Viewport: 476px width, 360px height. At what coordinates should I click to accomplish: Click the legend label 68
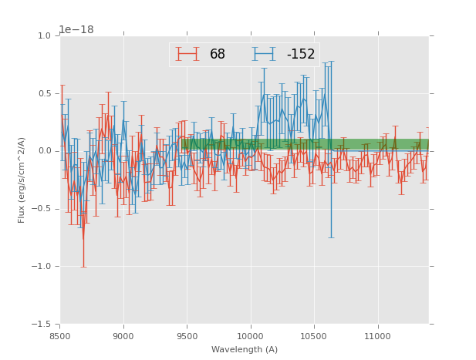pos(217,55)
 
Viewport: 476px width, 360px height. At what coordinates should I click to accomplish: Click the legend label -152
pos(301,55)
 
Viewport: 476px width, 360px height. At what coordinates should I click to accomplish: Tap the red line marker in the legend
pos(187,54)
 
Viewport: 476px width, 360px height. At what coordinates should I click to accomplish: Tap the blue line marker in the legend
pos(264,54)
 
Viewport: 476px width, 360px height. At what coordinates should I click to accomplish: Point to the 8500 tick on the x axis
pos(60,336)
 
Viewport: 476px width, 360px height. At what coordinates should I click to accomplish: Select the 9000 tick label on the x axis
pos(123,336)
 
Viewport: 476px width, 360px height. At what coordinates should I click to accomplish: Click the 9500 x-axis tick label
pos(187,336)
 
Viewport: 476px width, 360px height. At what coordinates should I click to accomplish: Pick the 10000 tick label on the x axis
pos(250,336)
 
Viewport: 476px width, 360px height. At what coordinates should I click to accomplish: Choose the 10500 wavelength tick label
pos(314,336)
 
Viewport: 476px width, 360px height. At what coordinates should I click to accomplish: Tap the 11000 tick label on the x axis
pos(377,336)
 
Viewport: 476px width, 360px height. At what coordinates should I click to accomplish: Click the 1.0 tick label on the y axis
pos(44,36)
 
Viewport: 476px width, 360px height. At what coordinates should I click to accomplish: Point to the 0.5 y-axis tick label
pos(44,94)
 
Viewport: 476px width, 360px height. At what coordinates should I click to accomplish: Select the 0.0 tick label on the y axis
pos(44,151)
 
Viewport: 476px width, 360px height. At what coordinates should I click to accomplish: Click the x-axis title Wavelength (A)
pos(245,350)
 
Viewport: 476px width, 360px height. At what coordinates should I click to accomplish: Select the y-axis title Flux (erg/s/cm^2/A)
pos(22,180)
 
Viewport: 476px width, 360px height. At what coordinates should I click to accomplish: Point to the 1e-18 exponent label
pos(76,29)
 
